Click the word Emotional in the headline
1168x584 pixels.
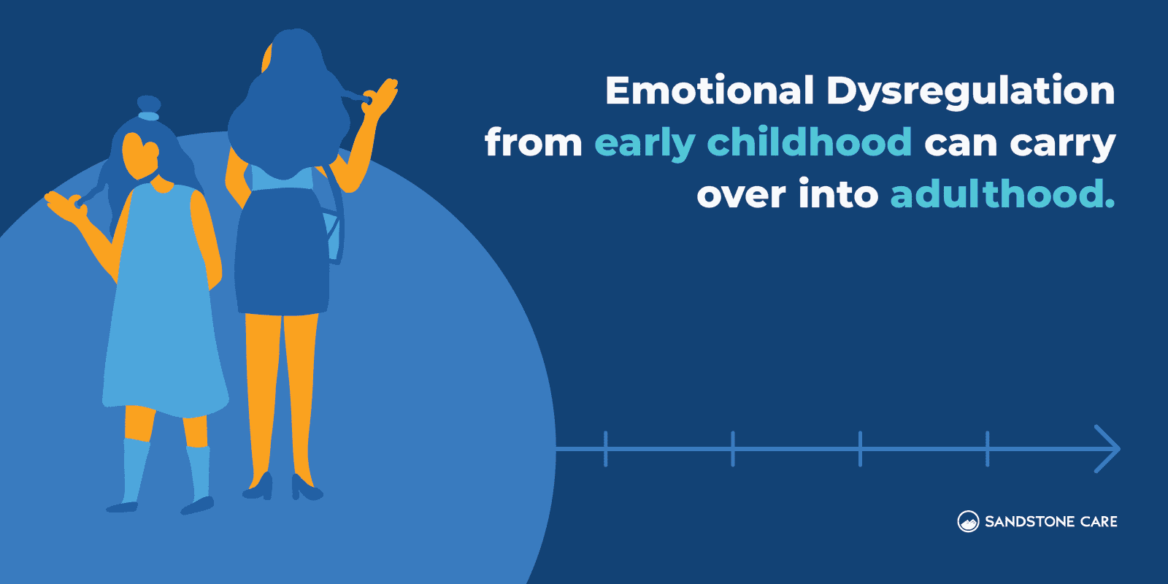[x=709, y=91]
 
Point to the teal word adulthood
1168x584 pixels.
[x=1002, y=194]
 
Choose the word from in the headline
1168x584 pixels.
[x=533, y=142]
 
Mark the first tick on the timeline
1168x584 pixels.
[x=606, y=448]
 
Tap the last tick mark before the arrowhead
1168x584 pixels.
[x=987, y=448]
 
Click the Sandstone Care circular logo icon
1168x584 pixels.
[x=968, y=521]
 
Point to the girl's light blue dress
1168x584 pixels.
[x=164, y=314]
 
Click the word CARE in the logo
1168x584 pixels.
[x=1099, y=522]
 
